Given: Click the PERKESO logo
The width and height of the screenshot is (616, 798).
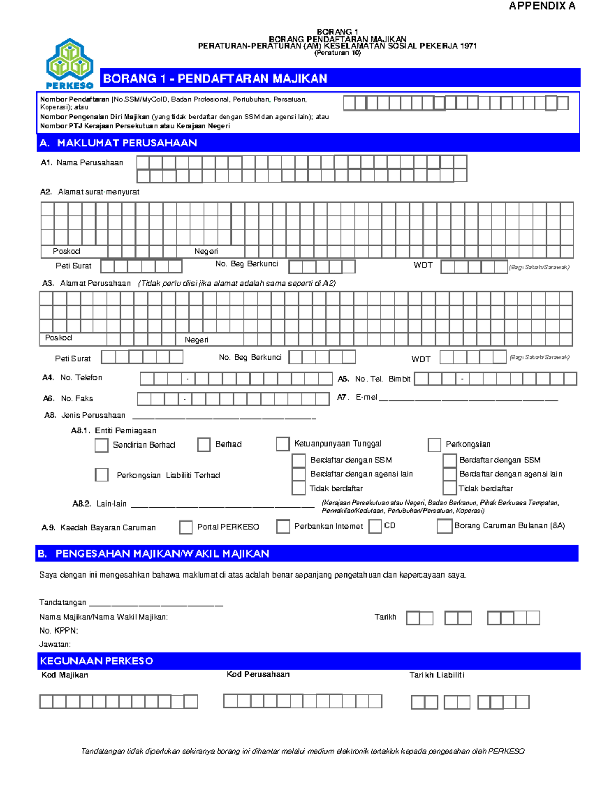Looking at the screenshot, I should (x=70, y=63).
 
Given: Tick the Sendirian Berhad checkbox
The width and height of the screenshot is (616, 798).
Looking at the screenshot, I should (x=102, y=445).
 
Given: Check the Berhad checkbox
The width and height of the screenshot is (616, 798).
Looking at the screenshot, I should (x=204, y=444).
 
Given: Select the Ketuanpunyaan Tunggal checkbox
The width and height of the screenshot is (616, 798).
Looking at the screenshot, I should (x=283, y=444).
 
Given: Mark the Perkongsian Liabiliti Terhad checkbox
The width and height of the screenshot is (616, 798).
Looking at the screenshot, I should (x=102, y=475).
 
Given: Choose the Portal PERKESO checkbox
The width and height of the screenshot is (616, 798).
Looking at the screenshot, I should (x=186, y=527).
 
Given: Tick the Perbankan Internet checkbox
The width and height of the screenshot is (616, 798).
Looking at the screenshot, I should (x=283, y=526).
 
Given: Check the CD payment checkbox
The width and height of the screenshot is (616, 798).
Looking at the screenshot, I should (x=375, y=526).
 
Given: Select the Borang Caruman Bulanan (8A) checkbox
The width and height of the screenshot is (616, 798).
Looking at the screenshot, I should (x=445, y=526).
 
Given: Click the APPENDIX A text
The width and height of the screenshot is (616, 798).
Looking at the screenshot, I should (x=542, y=6).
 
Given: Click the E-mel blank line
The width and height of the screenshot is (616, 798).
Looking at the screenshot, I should (x=468, y=399).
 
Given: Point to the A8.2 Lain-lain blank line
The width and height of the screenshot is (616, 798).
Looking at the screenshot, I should (x=223, y=506).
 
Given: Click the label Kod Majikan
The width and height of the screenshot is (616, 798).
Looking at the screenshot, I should (x=65, y=675).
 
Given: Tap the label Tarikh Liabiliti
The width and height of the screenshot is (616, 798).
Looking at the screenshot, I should (x=436, y=675).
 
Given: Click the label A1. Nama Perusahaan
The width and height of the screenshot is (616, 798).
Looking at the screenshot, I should (x=82, y=163).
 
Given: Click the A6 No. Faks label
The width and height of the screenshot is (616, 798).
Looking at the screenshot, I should (x=68, y=398).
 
